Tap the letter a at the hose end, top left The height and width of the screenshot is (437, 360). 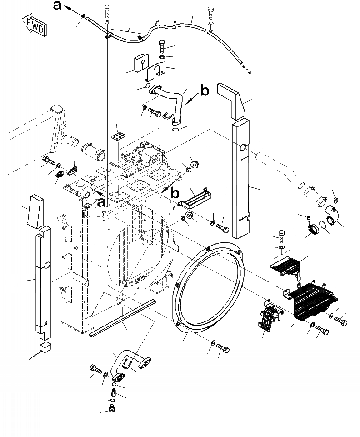coord(57,5)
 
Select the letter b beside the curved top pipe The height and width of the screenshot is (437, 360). coord(205,91)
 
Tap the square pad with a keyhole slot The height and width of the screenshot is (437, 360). coord(141,63)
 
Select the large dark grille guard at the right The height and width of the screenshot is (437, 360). coord(314,298)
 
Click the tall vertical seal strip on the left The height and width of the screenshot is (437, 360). coord(45,282)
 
